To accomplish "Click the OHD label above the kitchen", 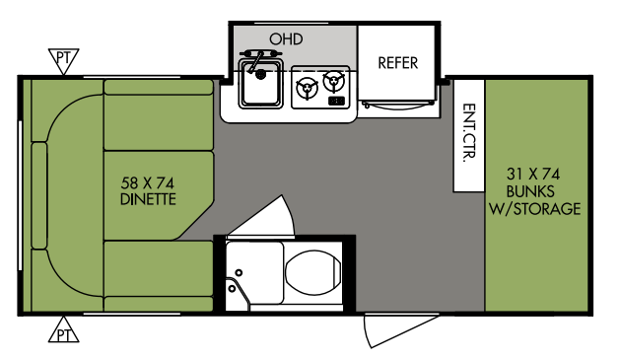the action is click(286, 39).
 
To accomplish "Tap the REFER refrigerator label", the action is click(398, 63).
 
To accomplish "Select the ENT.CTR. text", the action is click(469, 133).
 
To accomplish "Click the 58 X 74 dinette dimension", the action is click(148, 183).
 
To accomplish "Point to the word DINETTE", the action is click(148, 199).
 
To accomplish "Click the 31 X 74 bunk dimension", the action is click(533, 174).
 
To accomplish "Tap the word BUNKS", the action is click(530, 191).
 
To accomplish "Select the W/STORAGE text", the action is click(535, 208).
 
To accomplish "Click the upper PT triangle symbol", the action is click(63, 60).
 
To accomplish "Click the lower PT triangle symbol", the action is click(63, 330).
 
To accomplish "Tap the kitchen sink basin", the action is click(260, 84).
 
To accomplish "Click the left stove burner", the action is click(308, 88).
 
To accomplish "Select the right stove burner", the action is click(334, 82).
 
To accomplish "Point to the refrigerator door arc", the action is click(398, 106).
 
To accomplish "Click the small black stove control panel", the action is click(336, 102).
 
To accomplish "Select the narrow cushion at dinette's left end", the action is click(39, 195).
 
